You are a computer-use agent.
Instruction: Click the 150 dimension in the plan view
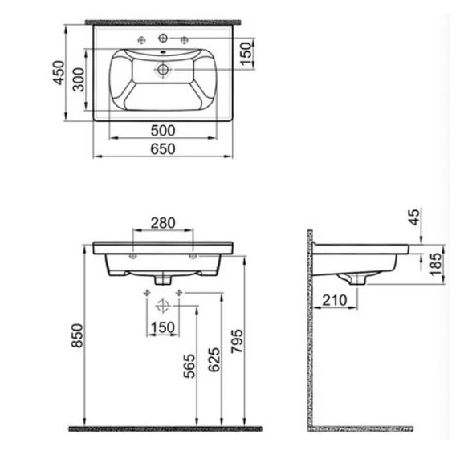247,55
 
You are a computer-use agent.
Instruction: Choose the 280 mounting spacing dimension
163,222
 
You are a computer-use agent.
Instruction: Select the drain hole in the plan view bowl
164,71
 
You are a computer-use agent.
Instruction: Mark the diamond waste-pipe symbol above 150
164,304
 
